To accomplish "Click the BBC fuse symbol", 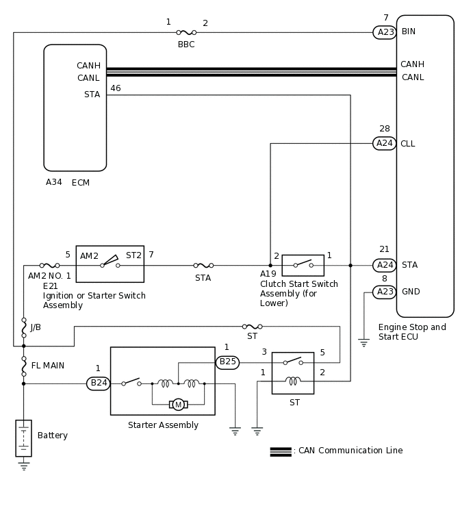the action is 186,32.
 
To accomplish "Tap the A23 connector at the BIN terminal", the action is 385,32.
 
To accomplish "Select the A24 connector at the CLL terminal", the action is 384,143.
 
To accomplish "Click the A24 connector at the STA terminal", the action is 384,265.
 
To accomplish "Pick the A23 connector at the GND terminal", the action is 384,292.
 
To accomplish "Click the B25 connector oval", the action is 227,362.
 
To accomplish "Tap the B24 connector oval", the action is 98,383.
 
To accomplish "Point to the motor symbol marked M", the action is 178,404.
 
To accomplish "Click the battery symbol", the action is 24,438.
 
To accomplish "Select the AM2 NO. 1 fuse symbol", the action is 49,266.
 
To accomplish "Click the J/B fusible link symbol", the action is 24,328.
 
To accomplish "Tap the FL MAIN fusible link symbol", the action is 24,366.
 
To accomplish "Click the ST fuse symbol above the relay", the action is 252,327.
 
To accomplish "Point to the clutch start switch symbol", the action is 303,265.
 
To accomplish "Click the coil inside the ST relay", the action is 293,381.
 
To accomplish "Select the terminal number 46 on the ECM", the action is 116,88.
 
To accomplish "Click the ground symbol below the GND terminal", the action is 364,342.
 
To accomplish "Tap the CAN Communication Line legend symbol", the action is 281,452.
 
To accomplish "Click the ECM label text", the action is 81,183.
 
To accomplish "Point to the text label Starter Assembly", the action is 163,425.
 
